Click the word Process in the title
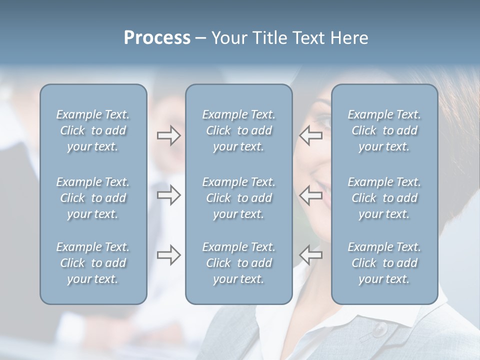tap(157, 38)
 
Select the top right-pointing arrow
tap(169, 136)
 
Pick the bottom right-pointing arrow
tap(169, 255)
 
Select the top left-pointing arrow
tap(310, 136)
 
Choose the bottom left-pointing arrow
tap(310, 255)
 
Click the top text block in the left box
tap(93, 130)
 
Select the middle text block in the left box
tap(93, 198)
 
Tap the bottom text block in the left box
tap(93, 263)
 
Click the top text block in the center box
tap(238, 130)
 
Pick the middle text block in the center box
tap(238, 198)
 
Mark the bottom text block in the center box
tap(238, 263)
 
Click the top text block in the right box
tap(384, 130)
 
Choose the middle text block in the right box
tap(384, 198)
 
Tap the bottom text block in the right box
tap(384, 263)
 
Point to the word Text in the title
tap(308, 38)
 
